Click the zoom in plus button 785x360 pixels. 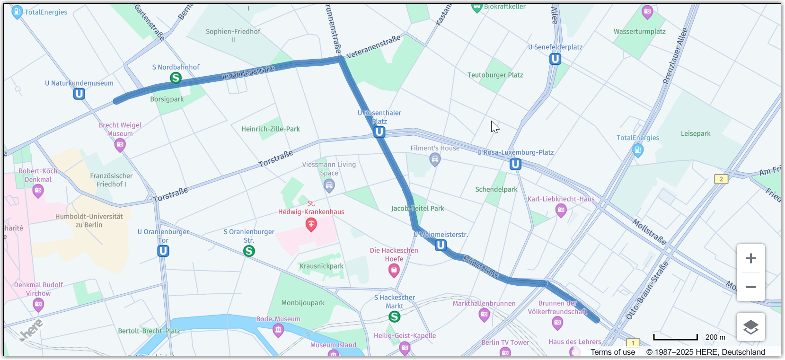pyautogui.click(x=750, y=258)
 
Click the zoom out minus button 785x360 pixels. pyautogui.click(x=750, y=287)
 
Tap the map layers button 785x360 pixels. pyautogui.click(x=750, y=327)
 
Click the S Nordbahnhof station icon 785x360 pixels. pyautogui.click(x=176, y=78)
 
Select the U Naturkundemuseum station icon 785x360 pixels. pyautogui.click(x=79, y=94)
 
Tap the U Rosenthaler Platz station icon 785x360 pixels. pyautogui.click(x=379, y=132)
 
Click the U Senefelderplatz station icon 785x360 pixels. pyautogui.click(x=555, y=59)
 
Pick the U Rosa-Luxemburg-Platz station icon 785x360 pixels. pyautogui.click(x=515, y=164)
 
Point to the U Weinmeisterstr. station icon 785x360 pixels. pyautogui.click(x=441, y=245)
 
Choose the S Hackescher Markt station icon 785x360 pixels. pyautogui.click(x=394, y=316)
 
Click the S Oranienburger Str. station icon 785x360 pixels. pyautogui.click(x=249, y=251)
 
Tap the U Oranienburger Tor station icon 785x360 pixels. pyautogui.click(x=163, y=251)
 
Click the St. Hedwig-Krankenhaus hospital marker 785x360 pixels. pyautogui.click(x=311, y=224)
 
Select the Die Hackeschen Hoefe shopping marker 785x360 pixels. pyautogui.click(x=394, y=270)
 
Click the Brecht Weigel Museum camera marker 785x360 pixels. pyautogui.click(x=120, y=145)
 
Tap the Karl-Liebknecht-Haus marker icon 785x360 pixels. pyautogui.click(x=561, y=210)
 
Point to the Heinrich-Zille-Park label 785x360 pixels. pyautogui.click(x=271, y=129)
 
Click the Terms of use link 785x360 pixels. pyautogui.click(x=613, y=352)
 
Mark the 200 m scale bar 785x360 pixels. pyautogui.click(x=676, y=337)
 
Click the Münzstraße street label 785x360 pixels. pyautogui.click(x=481, y=266)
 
